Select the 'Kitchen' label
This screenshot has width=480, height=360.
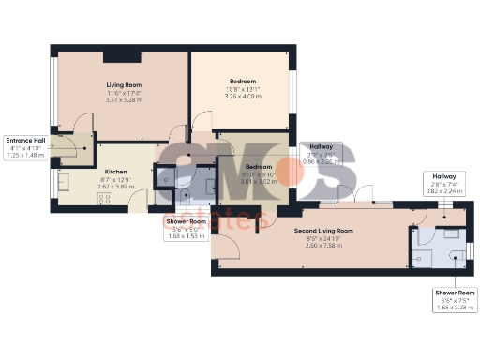click(115, 172)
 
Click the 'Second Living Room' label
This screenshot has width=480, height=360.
click(323, 230)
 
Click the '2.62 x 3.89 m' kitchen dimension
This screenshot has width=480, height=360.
click(116, 187)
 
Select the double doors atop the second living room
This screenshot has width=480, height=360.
click(367, 199)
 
